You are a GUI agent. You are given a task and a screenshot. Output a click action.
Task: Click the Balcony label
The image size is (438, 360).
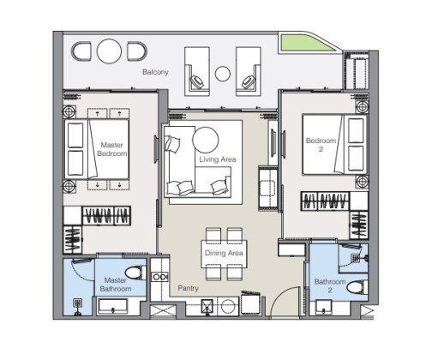click(155, 72)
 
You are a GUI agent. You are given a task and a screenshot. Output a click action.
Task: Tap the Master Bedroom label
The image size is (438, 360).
click(112, 149)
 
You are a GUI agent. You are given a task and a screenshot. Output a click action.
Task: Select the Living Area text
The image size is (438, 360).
click(218, 159)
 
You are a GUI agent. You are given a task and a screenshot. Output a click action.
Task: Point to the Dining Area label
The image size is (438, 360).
click(224, 253)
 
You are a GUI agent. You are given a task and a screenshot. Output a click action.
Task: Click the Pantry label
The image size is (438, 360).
click(188, 288)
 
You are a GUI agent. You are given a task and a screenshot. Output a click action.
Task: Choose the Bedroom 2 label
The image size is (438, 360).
click(321, 145)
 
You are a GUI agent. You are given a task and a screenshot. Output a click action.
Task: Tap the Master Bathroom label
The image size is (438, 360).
click(116, 285)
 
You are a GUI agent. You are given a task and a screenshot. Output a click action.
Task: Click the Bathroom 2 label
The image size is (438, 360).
click(330, 285)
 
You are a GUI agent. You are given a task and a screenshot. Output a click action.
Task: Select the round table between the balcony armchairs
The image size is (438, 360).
click(109, 51)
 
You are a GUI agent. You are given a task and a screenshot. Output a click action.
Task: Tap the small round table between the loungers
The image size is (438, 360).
click(222, 74)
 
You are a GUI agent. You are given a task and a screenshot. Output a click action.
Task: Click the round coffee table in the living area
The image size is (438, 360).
click(206, 140)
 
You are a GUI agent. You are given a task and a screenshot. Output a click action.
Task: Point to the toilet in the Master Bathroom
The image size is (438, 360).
click(135, 273)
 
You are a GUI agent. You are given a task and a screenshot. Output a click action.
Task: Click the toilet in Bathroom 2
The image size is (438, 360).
click(357, 287)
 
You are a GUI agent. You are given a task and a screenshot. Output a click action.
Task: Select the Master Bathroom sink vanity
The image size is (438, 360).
click(112, 306)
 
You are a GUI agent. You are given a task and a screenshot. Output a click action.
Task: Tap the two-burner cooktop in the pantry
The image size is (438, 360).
click(160, 277)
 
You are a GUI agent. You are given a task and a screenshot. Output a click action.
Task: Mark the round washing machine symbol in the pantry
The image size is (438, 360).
click(228, 306)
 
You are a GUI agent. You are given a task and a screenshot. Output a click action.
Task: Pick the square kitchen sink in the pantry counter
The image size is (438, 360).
click(207, 307)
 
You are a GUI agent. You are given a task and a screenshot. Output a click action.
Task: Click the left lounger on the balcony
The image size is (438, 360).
click(197, 71)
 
